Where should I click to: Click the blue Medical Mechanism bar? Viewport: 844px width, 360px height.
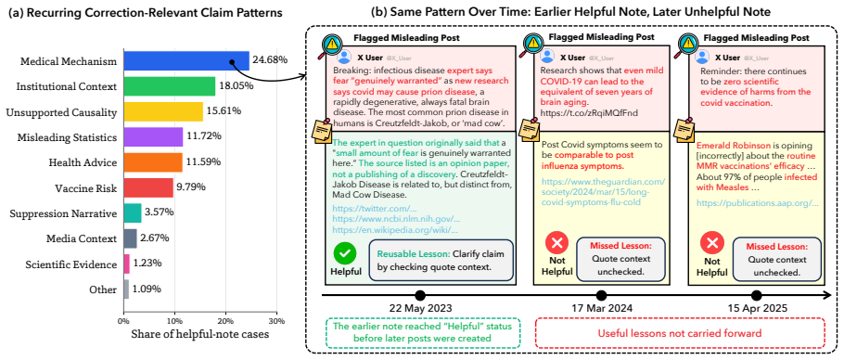[x=186, y=61]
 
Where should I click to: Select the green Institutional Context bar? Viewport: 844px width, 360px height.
[x=170, y=86]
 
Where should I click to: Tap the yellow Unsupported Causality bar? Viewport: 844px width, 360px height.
[x=163, y=111]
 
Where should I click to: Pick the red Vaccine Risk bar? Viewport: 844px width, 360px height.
[x=148, y=187]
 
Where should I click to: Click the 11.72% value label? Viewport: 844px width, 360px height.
[x=204, y=136]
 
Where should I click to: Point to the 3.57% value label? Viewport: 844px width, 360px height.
[x=160, y=212]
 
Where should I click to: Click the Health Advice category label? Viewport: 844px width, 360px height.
[x=83, y=162]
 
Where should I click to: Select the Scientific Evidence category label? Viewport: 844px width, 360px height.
[x=71, y=264]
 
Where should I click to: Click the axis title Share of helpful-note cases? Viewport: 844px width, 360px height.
[x=199, y=335]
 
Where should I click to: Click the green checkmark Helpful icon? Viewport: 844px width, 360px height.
[x=343, y=253]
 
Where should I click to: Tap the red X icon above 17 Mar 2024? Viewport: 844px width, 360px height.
[x=556, y=245]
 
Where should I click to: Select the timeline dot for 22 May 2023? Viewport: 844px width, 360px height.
[x=420, y=295]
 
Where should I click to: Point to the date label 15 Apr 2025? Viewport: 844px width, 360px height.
[x=758, y=310]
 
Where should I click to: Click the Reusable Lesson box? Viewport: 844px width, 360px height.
[x=441, y=260]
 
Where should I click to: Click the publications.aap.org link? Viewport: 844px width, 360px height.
[x=758, y=203]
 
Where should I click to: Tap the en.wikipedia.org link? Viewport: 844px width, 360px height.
[x=396, y=229]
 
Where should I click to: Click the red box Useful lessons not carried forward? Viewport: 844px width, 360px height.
[x=679, y=333]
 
